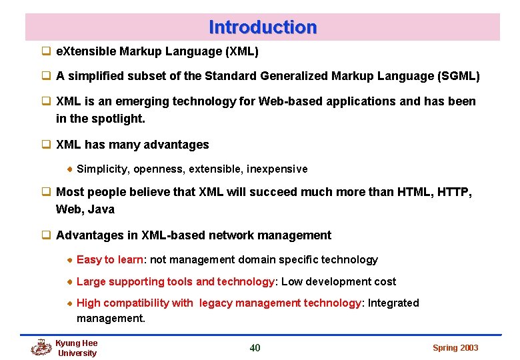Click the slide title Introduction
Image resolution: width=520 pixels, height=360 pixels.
tap(263, 27)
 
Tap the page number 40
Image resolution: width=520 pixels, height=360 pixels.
tap(255, 347)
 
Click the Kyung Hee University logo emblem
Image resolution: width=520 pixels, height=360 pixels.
tap(41, 347)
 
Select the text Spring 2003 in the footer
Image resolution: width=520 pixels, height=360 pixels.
tap(455, 348)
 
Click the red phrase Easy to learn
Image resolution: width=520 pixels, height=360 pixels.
tap(110, 260)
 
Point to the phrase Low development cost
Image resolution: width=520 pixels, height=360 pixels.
tap(339, 282)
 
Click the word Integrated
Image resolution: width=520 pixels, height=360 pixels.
tap(393, 303)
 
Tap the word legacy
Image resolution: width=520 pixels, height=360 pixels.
tap(215, 303)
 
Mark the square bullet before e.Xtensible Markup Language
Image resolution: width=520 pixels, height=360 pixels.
tap(47, 51)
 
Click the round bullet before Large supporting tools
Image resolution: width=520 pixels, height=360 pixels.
tap(70, 282)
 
